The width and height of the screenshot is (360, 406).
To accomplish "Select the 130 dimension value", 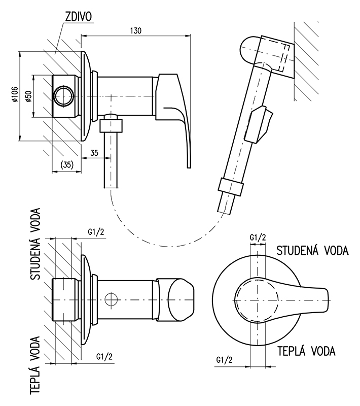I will [x=136, y=30].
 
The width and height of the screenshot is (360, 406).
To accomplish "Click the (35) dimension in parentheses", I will [x=67, y=165].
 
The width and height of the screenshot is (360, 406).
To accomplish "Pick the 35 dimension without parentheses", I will [x=95, y=152].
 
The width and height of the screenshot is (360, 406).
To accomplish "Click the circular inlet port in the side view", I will [x=64, y=96].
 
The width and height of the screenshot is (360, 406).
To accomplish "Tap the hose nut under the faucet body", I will [x=111, y=124].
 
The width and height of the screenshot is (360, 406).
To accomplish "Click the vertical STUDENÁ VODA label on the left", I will [x=36, y=244].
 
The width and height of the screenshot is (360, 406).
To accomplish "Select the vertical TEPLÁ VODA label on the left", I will [x=36, y=365].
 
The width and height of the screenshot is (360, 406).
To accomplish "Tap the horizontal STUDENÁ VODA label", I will [x=312, y=251].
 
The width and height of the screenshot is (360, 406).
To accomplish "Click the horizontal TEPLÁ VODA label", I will [x=306, y=350].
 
